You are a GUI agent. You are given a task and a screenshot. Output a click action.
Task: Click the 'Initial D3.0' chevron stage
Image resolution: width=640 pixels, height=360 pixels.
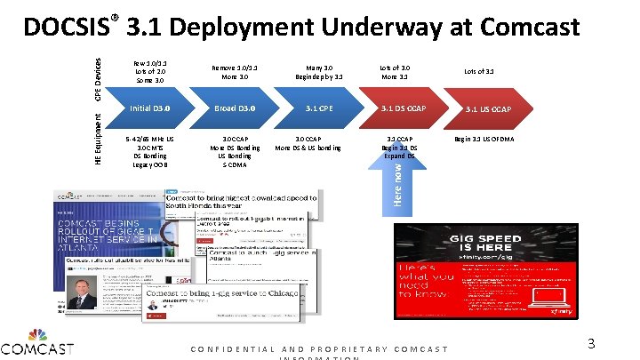pyautogui.click(x=149, y=109)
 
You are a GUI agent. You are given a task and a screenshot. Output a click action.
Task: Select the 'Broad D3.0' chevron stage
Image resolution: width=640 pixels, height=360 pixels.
pyautogui.click(x=235, y=109)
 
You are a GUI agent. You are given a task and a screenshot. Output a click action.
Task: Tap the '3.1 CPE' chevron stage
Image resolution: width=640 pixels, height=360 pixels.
pyautogui.click(x=319, y=109)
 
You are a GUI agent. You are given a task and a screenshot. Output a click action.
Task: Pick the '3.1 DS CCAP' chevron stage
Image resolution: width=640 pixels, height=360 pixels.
pyautogui.click(x=404, y=109)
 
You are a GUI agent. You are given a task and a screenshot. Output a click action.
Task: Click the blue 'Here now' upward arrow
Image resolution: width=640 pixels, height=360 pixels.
pyautogui.click(x=401, y=177)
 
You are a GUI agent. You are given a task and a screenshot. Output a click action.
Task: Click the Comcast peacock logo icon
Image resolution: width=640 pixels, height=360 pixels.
pyautogui.click(x=37, y=337)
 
